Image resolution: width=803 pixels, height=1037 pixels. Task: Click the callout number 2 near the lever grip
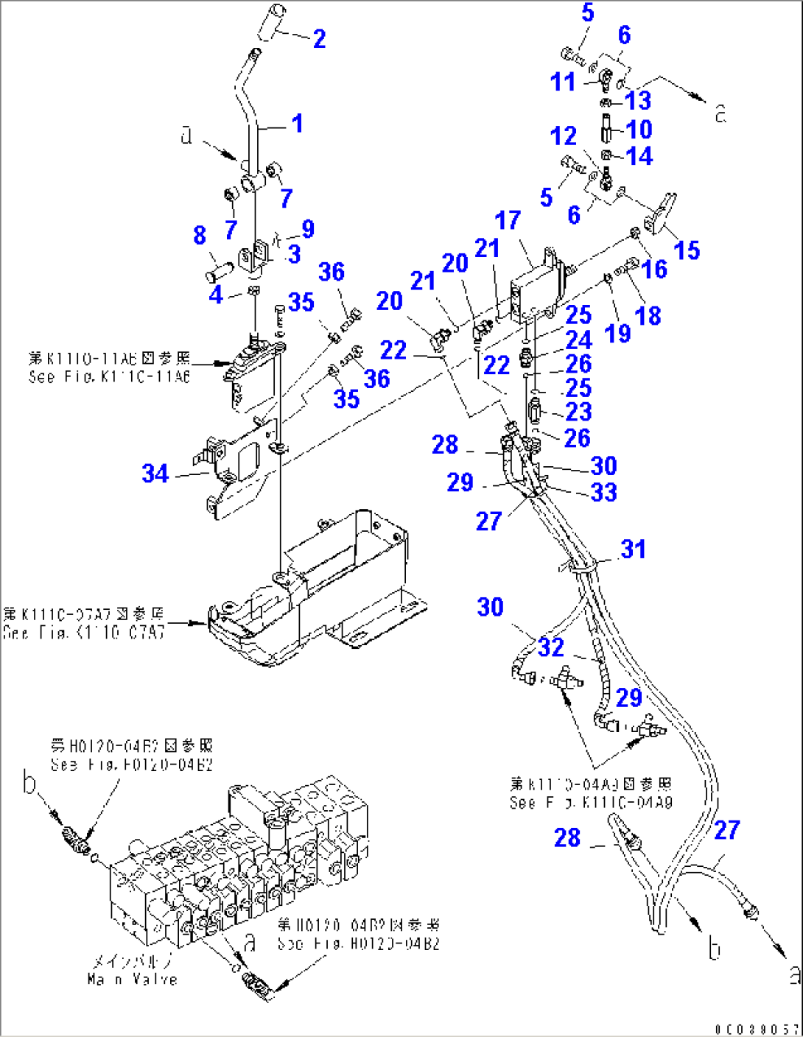[319, 39]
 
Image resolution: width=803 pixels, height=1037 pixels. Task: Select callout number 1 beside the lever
[297, 124]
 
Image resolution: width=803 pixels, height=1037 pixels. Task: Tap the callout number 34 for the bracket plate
[155, 474]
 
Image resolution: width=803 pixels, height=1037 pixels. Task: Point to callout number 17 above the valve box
[508, 220]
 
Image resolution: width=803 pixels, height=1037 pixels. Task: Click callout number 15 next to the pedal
[687, 250]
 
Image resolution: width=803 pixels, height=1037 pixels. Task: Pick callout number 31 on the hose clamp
[633, 549]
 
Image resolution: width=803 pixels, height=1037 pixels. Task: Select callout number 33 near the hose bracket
[603, 493]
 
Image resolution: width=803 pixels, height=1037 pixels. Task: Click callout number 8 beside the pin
[200, 236]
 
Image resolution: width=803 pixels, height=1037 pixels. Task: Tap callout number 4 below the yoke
[216, 295]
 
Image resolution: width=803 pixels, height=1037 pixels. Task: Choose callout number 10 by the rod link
[639, 130]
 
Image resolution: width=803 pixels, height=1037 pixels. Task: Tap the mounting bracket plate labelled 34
[236, 471]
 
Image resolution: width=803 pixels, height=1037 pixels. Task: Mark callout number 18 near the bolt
[648, 316]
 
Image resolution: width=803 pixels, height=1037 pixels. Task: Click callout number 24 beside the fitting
[578, 340]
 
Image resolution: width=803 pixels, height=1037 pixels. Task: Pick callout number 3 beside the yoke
[294, 254]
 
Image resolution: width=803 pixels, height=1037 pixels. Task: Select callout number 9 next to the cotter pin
[308, 229]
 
